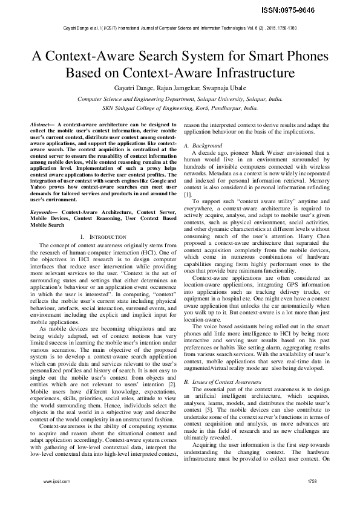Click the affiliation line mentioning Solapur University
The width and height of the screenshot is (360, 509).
pyautogui.click(x=180, y=99)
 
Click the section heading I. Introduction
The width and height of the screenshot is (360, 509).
pyautogui.click(x=103, y=236)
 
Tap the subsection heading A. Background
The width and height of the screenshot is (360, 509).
pyautogui.click(x=203, y=146)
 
